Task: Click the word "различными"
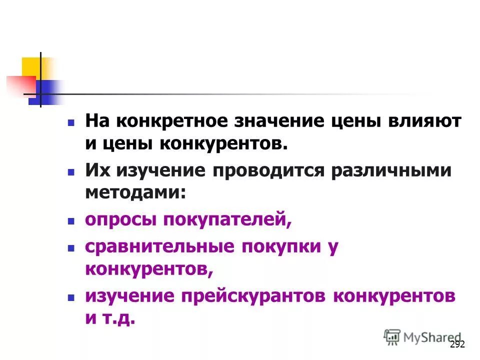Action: pos(390,170)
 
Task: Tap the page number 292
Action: pos(457,344)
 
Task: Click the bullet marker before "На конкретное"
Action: pos(71,122)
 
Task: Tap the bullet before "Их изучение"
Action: pos(71,171)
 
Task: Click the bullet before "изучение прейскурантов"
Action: pos(71,296)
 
